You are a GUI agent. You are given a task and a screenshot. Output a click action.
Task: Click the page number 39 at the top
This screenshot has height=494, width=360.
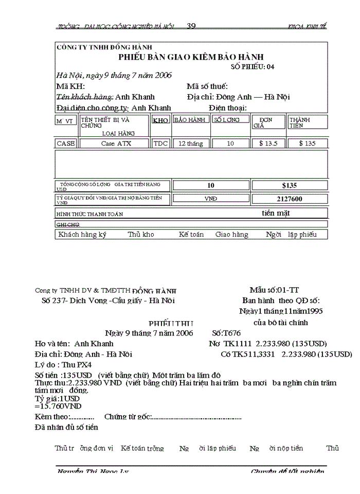tap(191, 26)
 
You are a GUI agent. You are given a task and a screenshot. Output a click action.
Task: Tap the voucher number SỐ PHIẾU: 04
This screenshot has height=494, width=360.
tap(253, 67)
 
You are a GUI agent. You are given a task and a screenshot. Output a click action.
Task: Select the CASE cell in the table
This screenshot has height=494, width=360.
tap(65, 144)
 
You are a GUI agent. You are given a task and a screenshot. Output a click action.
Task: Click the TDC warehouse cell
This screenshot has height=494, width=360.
tap(160, 144)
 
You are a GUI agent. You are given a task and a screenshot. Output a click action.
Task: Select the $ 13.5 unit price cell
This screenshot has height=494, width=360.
tap(268, 144)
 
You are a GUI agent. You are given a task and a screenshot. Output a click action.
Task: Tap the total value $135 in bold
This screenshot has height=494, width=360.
tap(290, 185)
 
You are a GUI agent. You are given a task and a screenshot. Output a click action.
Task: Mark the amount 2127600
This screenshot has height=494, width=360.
tap(290, 199)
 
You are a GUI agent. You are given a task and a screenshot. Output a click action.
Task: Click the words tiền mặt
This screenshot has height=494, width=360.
tap(276, 213)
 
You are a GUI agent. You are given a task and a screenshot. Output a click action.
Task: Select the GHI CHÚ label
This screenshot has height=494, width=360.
tap(67, 225)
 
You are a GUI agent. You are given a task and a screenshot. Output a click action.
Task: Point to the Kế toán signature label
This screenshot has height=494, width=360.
tap(191, 234)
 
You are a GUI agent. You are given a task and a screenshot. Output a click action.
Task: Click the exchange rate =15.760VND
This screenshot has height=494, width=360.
tap(58, 407)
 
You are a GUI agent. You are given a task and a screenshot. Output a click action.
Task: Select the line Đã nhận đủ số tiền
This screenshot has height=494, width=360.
tap(66, 427)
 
